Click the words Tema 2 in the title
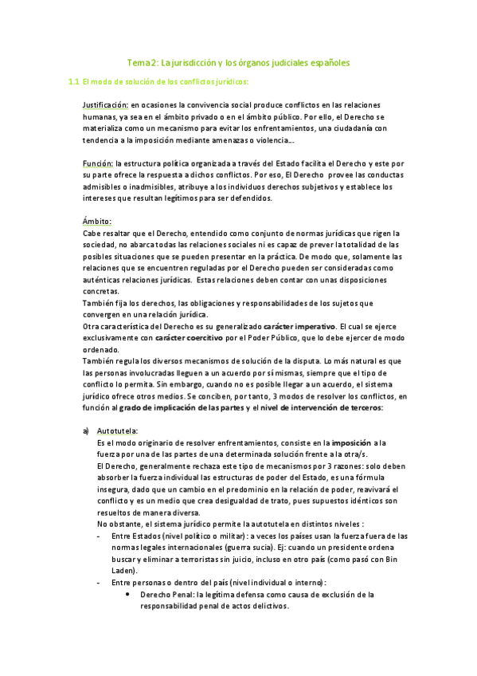(x=143, y=61)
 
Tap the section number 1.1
(x=73, y=81)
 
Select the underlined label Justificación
(x=105, y=105)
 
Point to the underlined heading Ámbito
(x=97, y=221)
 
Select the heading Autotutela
(x=117, y=430)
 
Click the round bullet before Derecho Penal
(x=129, y=595)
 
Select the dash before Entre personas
(x=97, y=583)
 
